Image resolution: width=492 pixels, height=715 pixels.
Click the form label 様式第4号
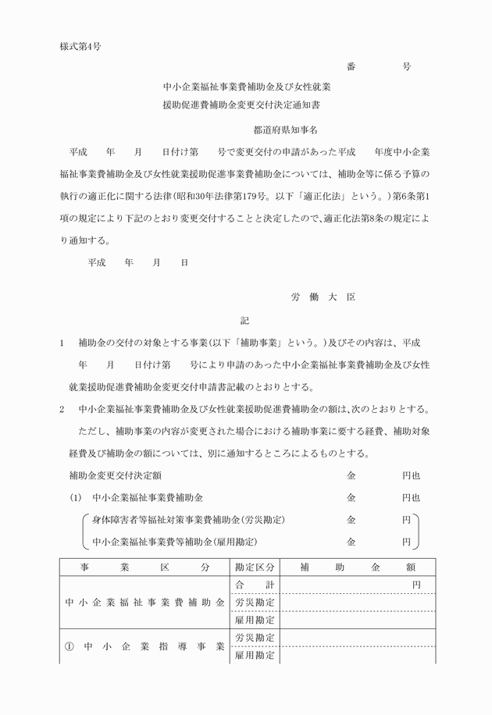(x=81, y=45)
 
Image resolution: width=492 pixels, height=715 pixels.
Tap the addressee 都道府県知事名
(x=289, y=130)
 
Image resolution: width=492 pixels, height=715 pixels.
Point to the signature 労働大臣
(x=323, y=297)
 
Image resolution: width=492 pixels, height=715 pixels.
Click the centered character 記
(x=245, y=321)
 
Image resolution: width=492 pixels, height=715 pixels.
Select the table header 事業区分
(x=144, y=567)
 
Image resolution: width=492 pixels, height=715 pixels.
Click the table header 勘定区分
(x=255, y=567)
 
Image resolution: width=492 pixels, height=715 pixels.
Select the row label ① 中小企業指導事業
(x=144, y=646)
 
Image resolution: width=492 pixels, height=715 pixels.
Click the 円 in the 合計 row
(x=416, y=585)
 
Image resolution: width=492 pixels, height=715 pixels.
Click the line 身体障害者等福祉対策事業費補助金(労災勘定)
(x=187, y=520)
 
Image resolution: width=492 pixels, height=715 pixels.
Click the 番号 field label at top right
(x=379, y=67)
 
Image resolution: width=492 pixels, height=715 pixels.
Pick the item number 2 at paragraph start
(x=62, y=409)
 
